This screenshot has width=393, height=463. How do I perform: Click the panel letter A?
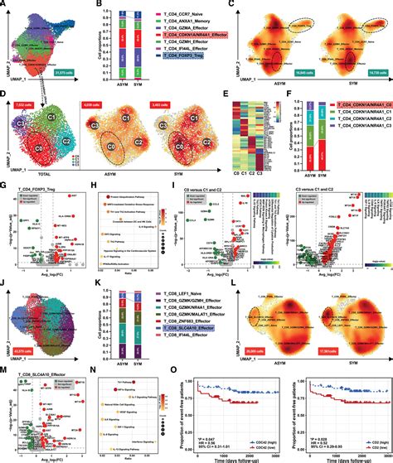5,5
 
